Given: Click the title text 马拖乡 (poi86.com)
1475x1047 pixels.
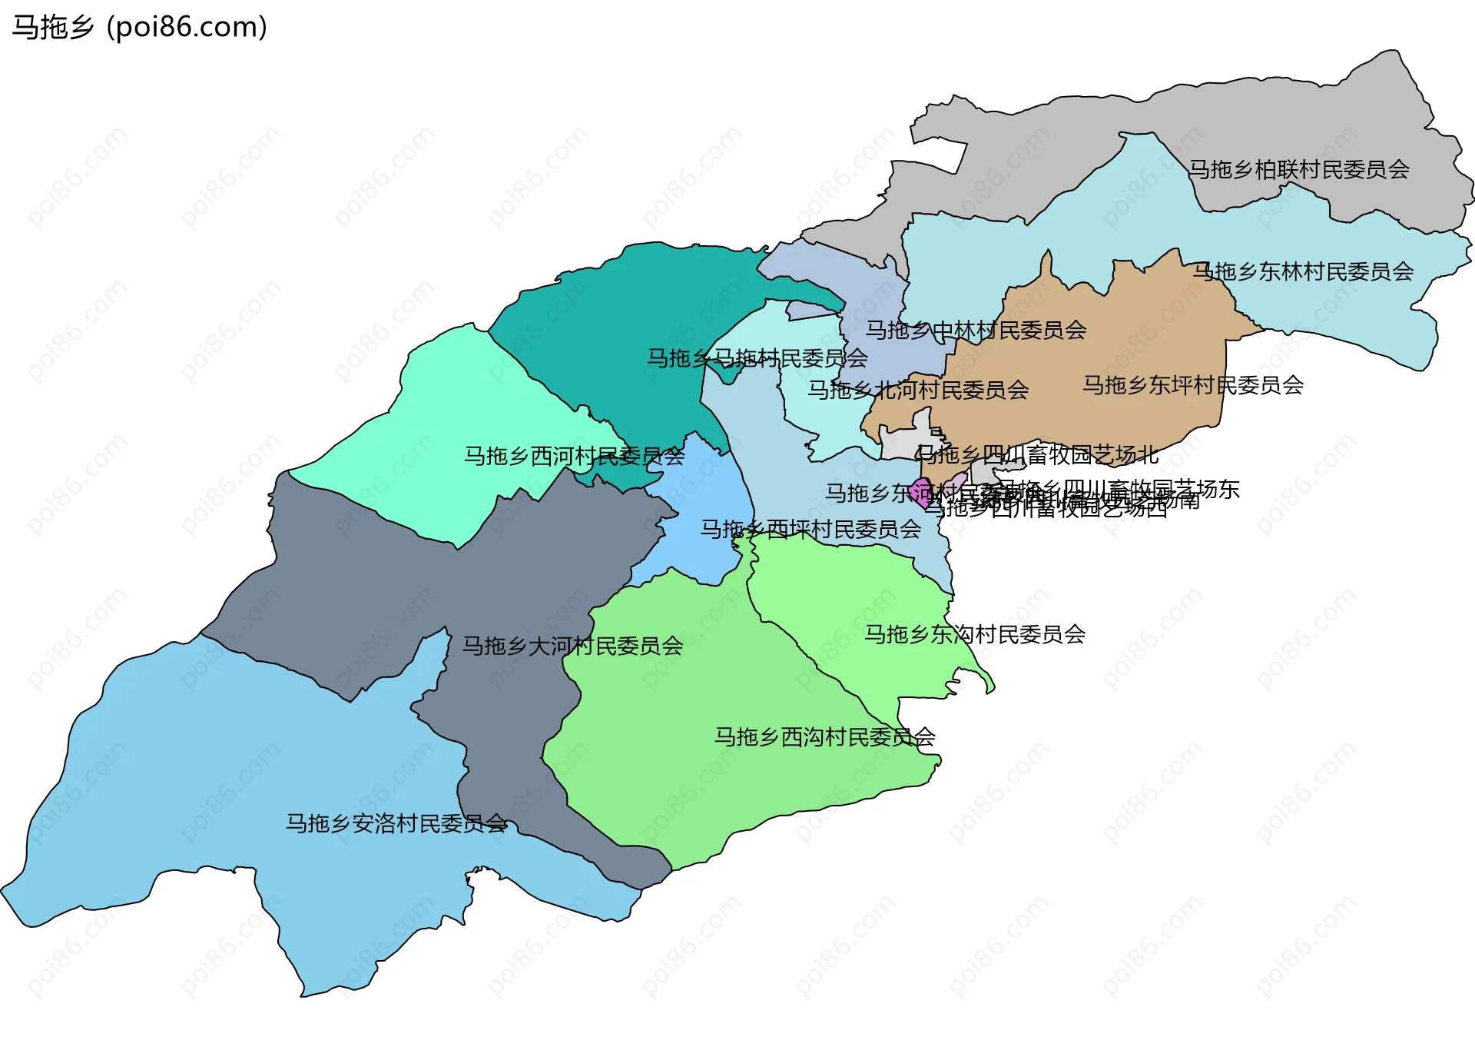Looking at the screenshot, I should tap(139, 27).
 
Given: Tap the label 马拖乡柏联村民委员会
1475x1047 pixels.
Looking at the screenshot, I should tap(1298, 169).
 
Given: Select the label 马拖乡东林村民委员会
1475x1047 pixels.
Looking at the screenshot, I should tap(1303, 271).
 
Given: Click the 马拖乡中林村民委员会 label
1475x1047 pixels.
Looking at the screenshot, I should tap(976, 331).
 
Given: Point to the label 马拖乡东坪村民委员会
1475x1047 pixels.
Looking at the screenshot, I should tap(1193, 385).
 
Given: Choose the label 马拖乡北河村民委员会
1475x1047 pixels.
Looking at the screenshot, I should tap(918, 391).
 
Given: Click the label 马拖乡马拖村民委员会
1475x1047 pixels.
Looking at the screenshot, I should tap(757, 358).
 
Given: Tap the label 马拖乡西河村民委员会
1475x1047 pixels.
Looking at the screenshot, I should tap(574, 457).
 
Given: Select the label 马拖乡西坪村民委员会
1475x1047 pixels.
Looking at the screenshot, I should tap(810, 530).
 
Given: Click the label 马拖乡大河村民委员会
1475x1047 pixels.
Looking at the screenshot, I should tap(572, 646).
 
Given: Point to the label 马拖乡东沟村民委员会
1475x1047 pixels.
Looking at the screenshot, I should tap(975, 635).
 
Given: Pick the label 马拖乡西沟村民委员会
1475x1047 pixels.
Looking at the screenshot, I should tap(824, 738).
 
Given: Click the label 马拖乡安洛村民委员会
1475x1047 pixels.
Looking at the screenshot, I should tap(396, 824).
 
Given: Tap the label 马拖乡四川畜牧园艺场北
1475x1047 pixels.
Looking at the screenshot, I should tap(1037, 455).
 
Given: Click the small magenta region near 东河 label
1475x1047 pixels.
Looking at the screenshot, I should tap(920, 492).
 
